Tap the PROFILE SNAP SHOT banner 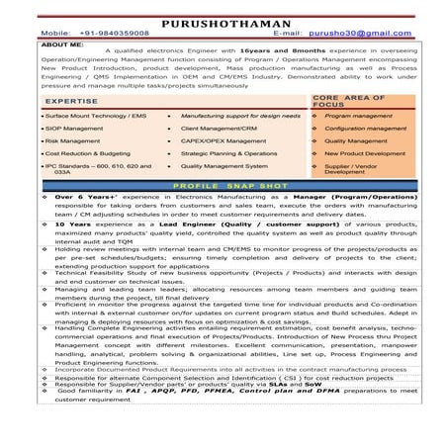tap(223, 185)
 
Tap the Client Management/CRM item tap(218, 129)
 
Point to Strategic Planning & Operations tap(229, 154)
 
